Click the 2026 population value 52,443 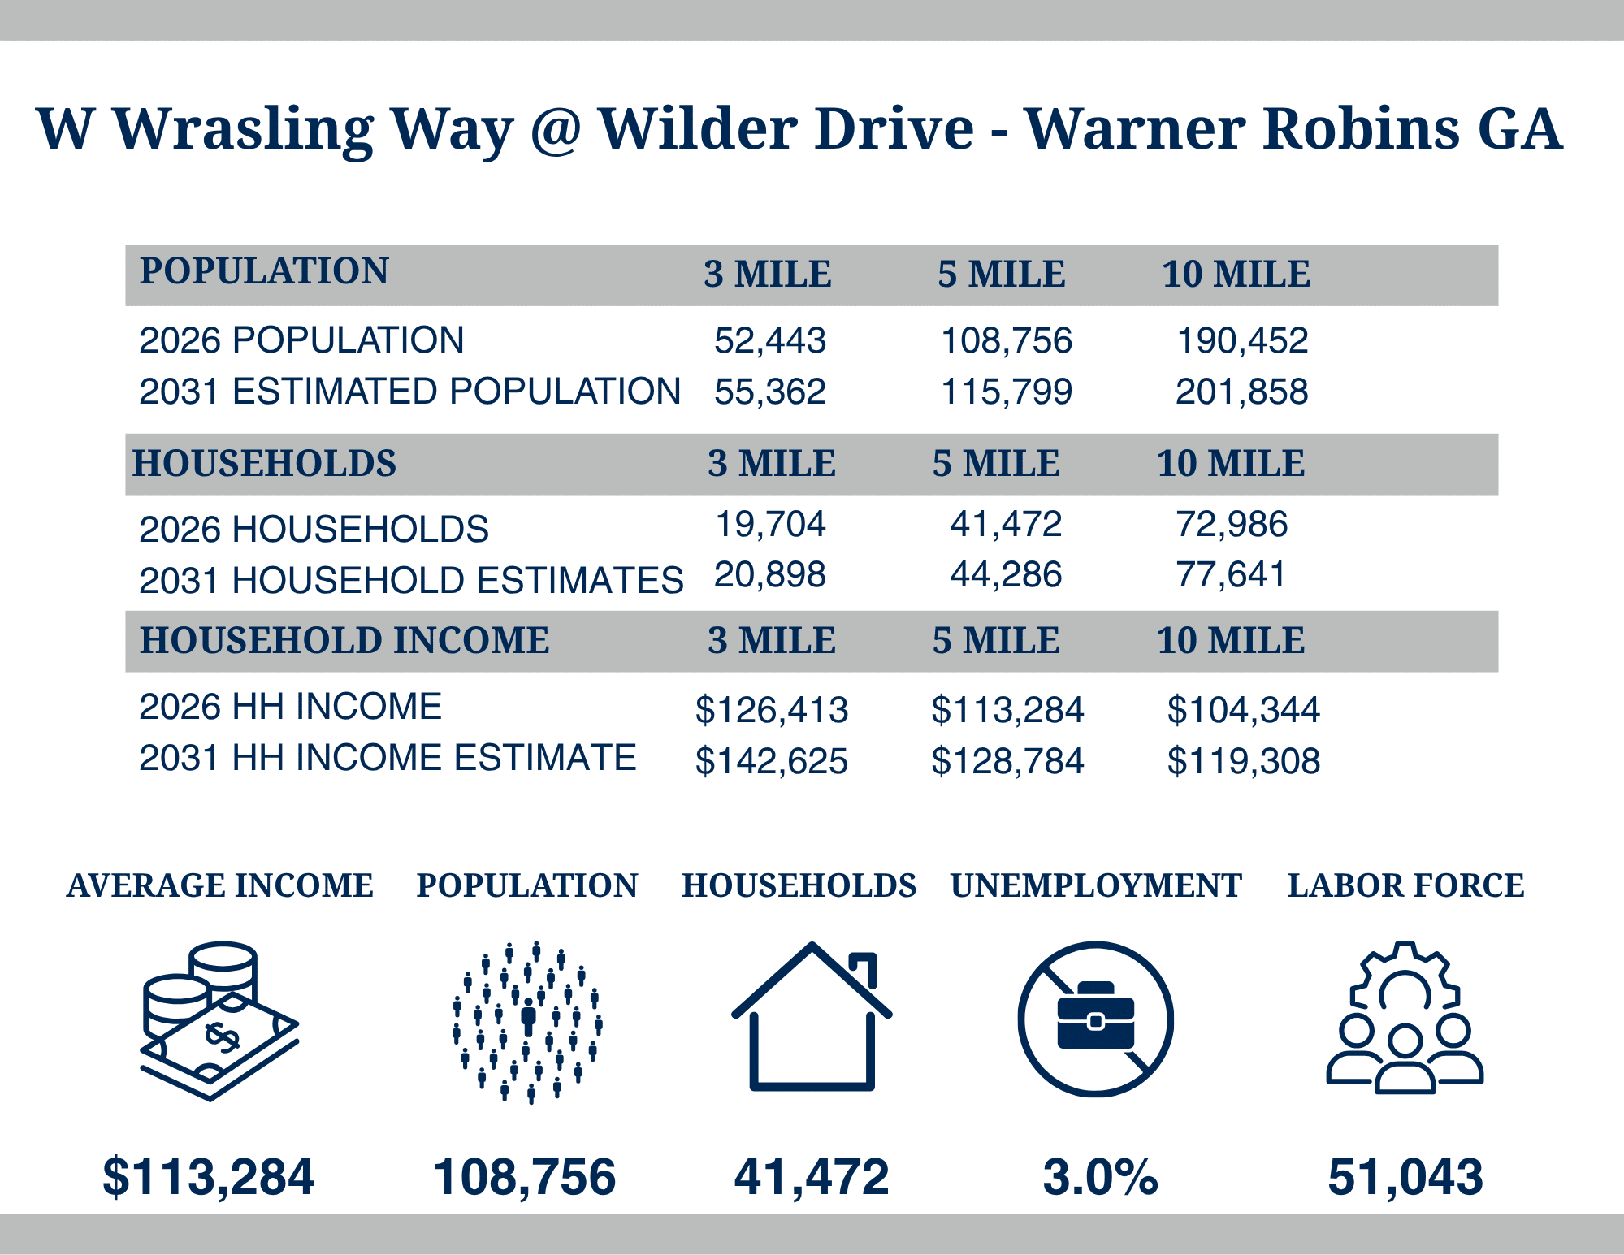click(x=770, y=341)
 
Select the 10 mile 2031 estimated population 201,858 click(x=1242, y=392)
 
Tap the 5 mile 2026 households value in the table click(x=1006, y=524)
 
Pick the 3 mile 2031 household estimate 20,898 click(x=770, y=575)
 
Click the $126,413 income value click(x=772, y=710)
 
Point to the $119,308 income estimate click(x=1244, y=761)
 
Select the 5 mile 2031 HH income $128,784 click(x=1007, y=761)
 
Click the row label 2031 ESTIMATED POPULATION click(x=410, y=391)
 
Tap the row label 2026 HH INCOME click(x=291, y=706)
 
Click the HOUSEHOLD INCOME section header click(x=344, y=640)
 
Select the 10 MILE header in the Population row click(x=1236, y=275)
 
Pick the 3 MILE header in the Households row click(x=772, y=464)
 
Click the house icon click(x=812, y=1016)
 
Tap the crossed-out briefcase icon click(x=1096, y=1019)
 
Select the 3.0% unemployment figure click(x=1100, y=1177)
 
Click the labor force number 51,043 click(x=1405, y=1178)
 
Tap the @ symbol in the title click(x=556, y=130)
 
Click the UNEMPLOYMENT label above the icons click(x=1096, y=885)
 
